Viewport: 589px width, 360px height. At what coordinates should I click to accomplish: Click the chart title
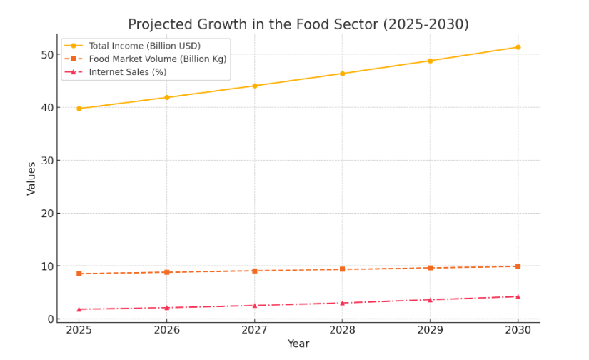pyautogui.click(x=298, y=24)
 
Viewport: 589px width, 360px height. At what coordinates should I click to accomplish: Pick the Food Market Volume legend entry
pyautogui.click(x=157, y=59)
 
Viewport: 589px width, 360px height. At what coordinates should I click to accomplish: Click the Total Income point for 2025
pyautogui.click(x=79, y=109)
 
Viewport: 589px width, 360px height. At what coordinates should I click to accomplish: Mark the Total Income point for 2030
pyautogui.click(x=518, y=47)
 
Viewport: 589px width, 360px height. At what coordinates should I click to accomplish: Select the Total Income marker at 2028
pyautogui.click(x=342, y=74)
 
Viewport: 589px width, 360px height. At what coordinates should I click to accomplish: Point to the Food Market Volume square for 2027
pyautogui.click(x=254, y=271)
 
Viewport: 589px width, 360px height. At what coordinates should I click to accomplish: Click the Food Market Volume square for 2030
pyautogui.click(x=518, y=266)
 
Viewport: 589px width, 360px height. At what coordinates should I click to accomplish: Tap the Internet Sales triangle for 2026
pyautogui.click(x=167, y=308)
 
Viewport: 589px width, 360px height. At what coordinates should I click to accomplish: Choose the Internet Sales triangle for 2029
pyautogui.click(x=430, y=299)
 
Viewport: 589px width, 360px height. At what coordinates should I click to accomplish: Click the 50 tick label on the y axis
pyautogui.click(x=47, y=55)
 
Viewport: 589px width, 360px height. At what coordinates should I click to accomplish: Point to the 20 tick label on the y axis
pyautogui.click(x=47, y=214)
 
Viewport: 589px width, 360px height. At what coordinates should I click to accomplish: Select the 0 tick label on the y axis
pyautogui.click(x=50, y=319)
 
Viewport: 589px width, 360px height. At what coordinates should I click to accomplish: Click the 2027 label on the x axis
pyautogui.click(x=254, y=331)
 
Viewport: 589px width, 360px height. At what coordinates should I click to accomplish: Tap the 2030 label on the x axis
pyautogui.click(x=518, y=331)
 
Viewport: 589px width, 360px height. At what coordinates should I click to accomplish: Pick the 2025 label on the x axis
pyautogui.click(x=79, y=331)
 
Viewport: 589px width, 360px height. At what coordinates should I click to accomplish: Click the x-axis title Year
pyautogui.click(x=298, y=344)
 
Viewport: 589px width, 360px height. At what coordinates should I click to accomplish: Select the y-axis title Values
pyautogui.click(x=31, y=179)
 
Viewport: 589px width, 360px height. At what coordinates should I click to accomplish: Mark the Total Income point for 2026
pyautogui.click(x=167, y=97)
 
